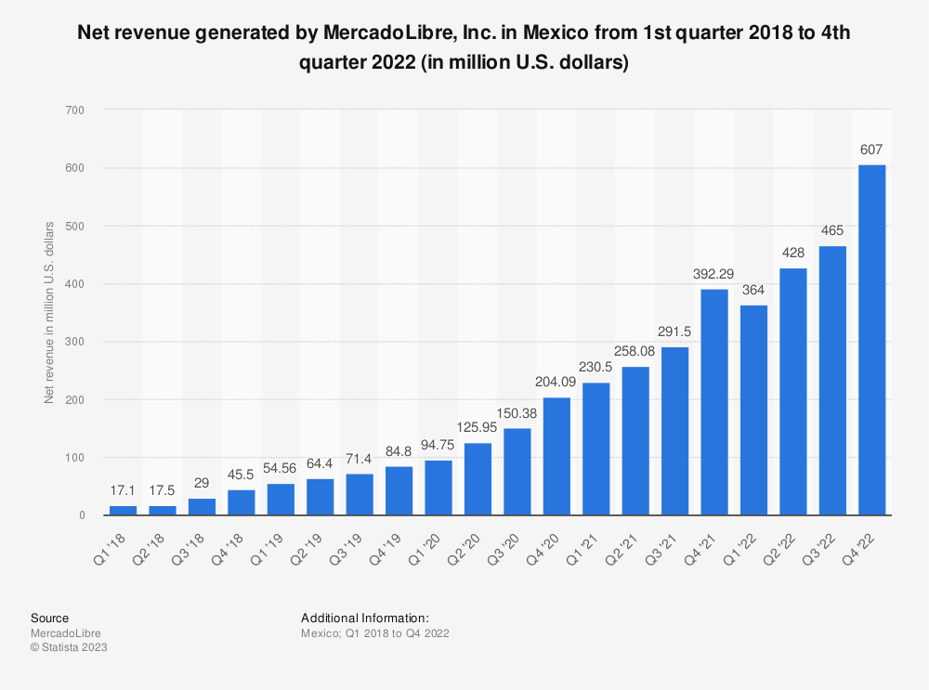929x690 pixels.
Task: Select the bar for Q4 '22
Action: (871, 340)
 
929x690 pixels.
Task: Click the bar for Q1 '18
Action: (123, 510)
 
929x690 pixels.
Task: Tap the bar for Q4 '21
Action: (714, 402)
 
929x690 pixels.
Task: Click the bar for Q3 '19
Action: (360, 495)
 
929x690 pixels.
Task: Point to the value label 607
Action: (871, 150)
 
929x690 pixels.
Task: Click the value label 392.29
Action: (714, 274)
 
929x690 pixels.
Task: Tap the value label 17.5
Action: (162, 490)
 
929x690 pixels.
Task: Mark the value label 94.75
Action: (438, 446)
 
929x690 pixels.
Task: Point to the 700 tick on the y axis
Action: (75, 111)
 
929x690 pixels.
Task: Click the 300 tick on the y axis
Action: (75, 342)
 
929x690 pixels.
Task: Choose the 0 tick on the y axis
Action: (82, 515)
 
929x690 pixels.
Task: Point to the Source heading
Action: (49, 618)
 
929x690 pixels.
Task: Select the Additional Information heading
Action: (364, 618)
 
